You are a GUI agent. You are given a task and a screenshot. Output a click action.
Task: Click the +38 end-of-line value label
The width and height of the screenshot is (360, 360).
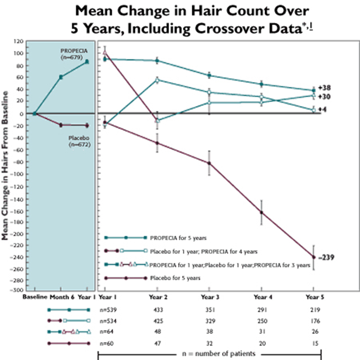(326, 88)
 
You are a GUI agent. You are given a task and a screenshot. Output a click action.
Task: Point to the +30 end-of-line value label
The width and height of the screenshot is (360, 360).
(326, 96)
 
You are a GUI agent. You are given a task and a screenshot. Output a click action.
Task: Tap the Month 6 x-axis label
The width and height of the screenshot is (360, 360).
(61, 297)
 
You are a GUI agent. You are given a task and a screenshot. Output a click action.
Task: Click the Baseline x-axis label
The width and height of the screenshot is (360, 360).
(36, 297)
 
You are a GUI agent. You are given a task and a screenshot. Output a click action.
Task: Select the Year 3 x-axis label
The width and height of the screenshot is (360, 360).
(209, 297)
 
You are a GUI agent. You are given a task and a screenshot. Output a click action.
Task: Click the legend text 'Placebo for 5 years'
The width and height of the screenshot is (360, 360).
(175, 278)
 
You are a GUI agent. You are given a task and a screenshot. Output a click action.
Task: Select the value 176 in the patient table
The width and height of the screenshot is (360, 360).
(314, 321)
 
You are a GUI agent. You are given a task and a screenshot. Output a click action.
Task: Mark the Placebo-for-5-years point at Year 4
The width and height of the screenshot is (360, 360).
(261, 212)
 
